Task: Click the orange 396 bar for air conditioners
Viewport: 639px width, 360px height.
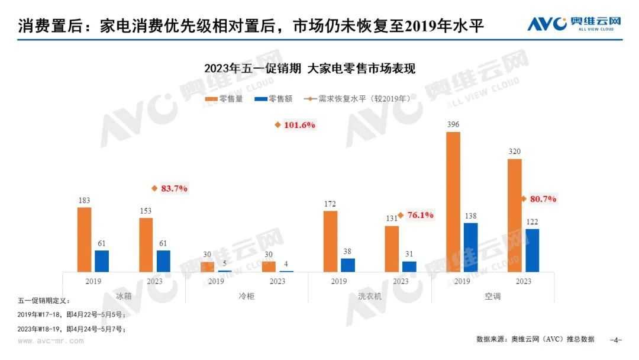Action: [453, 202]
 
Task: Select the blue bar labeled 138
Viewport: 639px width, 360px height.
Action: [470, 247]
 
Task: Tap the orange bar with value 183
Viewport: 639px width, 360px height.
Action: [85, 239]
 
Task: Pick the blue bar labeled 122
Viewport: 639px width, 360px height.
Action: [532, 250]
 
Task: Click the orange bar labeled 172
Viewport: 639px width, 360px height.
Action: [331, 241]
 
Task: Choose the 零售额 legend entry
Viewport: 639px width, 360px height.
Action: [273, 99]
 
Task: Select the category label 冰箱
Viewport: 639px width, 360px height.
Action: [124, 295]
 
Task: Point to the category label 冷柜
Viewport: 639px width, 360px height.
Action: [246, 295]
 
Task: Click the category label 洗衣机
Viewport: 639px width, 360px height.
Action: [370, 295]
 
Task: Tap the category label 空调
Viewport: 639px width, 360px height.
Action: [492, 295]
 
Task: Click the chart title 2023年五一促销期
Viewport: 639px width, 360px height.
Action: [310, 68]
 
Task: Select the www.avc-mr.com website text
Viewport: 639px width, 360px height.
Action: [50, 340]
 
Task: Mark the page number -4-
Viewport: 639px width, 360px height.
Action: [616, 340]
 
